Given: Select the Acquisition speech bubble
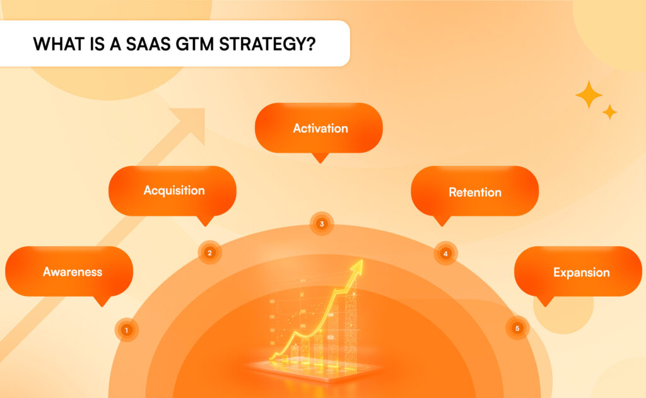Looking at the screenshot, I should pos(173,190).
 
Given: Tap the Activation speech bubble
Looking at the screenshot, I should pos(319,128).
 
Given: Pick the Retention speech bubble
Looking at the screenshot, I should pos(474,192).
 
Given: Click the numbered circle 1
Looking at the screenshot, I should pos(127,329).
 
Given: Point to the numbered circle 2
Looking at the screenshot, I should pos(209,253).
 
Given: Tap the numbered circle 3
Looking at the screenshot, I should pos(322,224).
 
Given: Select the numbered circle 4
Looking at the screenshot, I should pos(445,254).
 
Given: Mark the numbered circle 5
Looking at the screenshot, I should pos(517,328).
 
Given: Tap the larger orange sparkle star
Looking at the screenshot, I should pos(589,95).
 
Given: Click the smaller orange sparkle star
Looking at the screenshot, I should pos(609,112).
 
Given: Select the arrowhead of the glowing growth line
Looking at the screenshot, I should pos(357,267).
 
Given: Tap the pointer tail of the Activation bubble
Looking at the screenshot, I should pos(320,158).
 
